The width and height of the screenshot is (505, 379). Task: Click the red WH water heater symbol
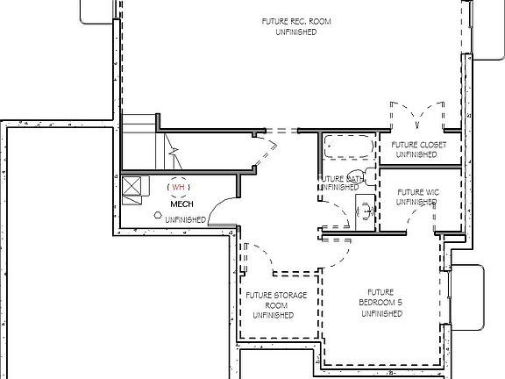178,187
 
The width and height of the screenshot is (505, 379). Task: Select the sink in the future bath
362,209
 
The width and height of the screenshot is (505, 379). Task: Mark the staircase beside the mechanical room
140,145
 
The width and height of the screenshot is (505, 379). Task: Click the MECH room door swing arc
223,205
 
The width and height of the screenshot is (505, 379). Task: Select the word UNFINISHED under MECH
185,219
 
